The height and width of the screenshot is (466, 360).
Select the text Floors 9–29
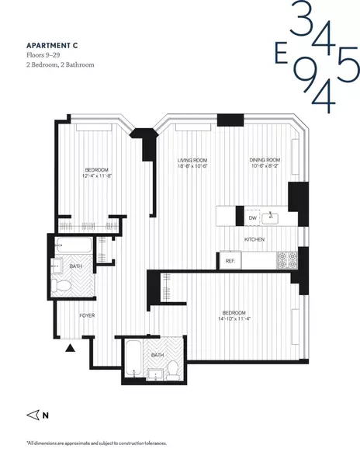click(x=44, y=55)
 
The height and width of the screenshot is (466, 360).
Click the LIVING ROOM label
click(x=192, y=160)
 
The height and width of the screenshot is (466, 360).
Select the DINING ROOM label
click(x=265, y=160)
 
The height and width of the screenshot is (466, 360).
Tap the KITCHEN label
click(x=255, y=240)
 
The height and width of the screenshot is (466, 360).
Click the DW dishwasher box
click(x=251, y=217)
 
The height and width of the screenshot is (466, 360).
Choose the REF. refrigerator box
click(x=230, y=262)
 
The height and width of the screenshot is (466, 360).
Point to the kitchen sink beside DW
click(x=272, y=217)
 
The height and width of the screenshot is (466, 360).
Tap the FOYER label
click(x=87, y=315)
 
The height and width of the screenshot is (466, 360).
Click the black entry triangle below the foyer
click(x=71, y=348)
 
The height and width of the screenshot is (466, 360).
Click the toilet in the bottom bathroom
click(x=173, y=368)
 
